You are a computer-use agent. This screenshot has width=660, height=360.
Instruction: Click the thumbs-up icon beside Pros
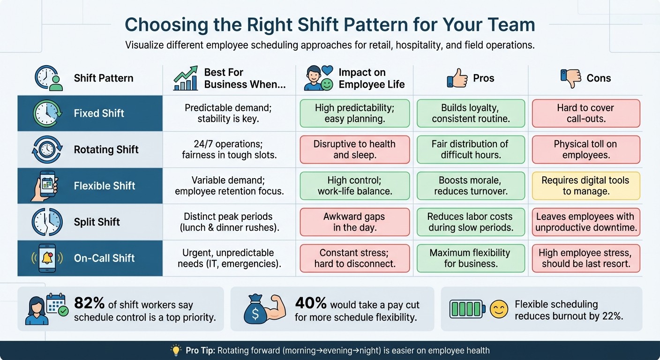[x=457, y=78]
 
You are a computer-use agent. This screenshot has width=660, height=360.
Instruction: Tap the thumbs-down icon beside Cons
[x=570, y=78]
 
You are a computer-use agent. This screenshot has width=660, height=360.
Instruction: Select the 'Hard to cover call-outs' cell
[x=585, y=113]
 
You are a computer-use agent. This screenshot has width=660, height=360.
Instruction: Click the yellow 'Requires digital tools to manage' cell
[x=585, y=186]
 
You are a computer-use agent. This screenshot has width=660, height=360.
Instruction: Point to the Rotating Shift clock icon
[x=47, y=150]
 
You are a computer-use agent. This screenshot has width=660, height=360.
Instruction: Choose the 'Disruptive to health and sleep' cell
[x=354, y=150]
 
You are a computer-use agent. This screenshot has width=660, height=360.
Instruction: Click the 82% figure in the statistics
[x=90, y=304]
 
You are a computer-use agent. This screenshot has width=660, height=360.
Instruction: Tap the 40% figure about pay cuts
[x=310, y=304]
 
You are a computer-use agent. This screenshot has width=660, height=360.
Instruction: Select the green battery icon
[x=467, y=310]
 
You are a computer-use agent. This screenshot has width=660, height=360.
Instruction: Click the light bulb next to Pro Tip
[x=176, y=350]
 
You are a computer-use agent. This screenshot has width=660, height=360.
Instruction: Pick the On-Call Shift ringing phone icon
[x=47, y=258]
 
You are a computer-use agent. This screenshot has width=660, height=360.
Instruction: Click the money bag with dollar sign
[x=256, y=309]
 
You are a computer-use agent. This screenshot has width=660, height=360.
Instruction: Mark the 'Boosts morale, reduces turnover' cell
[x=470, y=186]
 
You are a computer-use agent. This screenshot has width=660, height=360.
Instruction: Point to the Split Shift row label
[x=97, y=222]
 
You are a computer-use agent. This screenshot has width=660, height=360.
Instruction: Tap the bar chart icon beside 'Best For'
[x=186, y=78]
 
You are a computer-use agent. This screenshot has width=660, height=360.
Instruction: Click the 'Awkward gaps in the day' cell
[x=354, y=222]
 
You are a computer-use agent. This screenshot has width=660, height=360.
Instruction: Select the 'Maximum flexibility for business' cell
[x=470, y=258]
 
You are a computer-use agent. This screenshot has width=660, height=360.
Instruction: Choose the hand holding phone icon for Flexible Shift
[x=46, y=186]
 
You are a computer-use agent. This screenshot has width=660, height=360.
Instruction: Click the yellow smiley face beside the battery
[x=499, y=310]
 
